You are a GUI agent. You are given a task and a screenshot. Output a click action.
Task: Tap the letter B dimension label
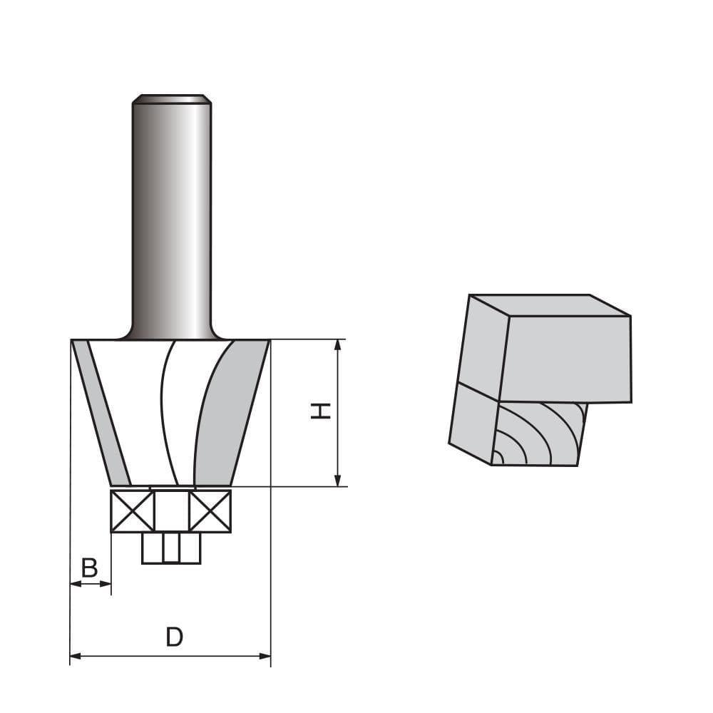tap(89, 568)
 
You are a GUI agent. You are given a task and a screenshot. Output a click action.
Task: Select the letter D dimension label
tap(174, 637)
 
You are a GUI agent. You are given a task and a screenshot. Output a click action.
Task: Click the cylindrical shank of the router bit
tap(171, 214)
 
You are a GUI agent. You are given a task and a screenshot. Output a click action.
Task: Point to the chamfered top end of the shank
tap(171, 99)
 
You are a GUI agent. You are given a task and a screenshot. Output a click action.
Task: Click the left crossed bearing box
tap(132, 511)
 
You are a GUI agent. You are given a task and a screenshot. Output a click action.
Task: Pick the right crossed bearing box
tap(211, 511)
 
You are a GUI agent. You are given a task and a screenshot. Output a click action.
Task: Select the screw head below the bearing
tap(171, 548)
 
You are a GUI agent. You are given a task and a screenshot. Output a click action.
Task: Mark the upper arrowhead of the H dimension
tap(339, 347)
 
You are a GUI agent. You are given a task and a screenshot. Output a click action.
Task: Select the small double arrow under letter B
tap(91, 585)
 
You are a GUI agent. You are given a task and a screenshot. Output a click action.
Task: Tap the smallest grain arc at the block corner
tap(498, 459)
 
